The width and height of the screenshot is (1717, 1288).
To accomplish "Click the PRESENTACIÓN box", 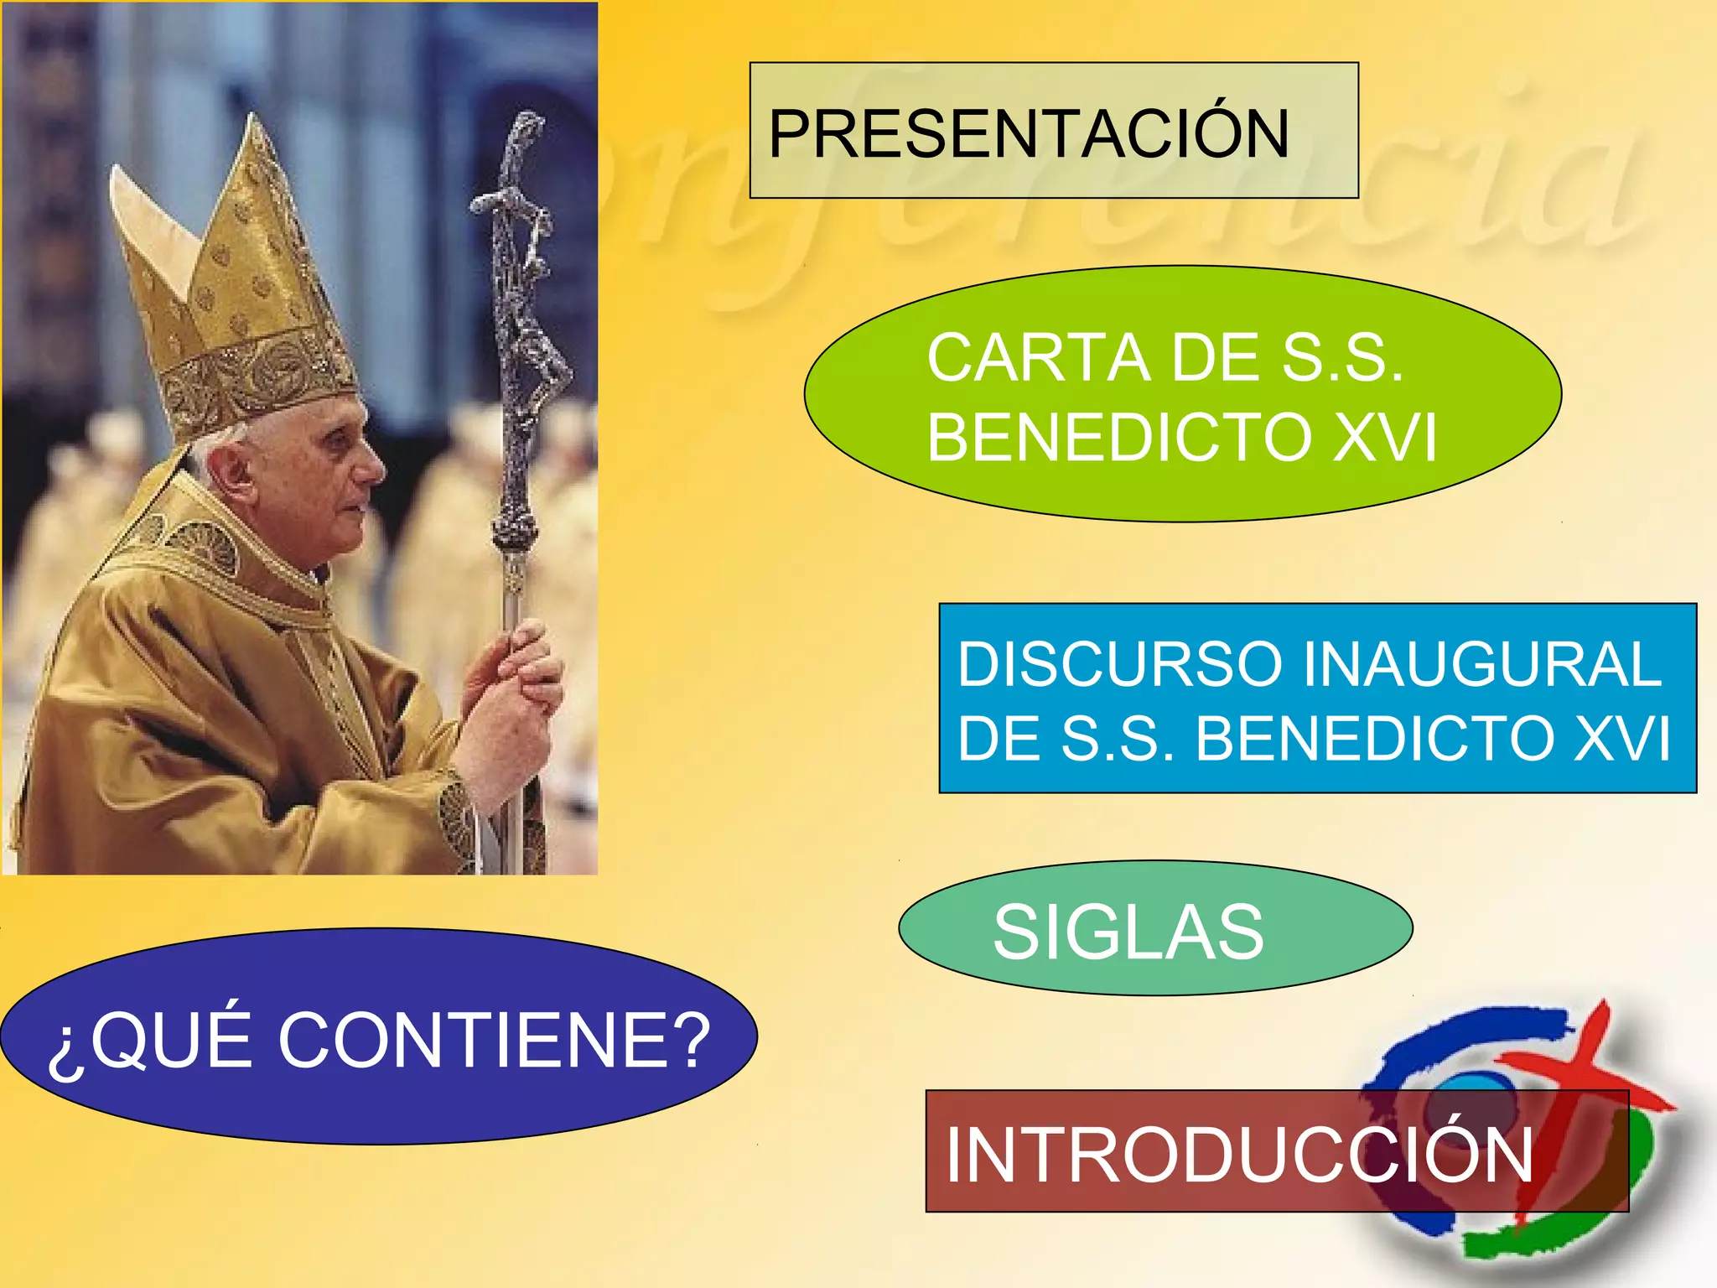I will point(1053,131).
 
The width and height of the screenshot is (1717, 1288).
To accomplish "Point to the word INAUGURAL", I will point(1481,664).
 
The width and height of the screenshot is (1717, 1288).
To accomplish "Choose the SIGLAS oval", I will point(1154,929).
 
